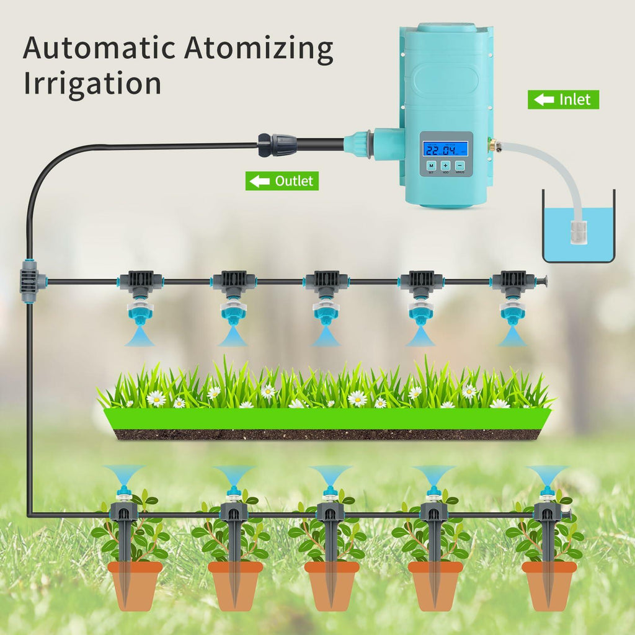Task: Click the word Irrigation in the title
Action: point(92,83)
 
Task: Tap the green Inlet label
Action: point(563,99)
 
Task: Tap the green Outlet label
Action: point(282,181)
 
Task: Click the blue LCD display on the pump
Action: point(445,149)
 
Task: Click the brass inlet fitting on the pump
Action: point(491,146)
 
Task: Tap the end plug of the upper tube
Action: point(544,280)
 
